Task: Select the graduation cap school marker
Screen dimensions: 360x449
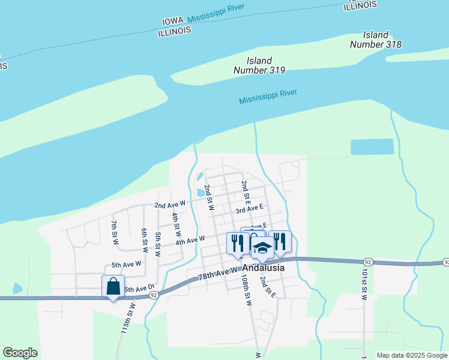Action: (262, 246)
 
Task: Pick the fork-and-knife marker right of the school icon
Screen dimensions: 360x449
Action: (280, 241)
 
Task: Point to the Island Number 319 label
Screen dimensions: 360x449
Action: (259, 65)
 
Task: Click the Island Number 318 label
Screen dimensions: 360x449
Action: (376, 40)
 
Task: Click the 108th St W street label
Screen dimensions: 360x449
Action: (246, 292)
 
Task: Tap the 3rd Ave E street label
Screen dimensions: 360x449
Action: (250, 209)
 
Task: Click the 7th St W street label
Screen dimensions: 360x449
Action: (114, 233)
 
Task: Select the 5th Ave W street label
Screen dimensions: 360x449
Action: (126, 264)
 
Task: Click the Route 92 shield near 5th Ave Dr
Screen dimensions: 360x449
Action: (154, 295)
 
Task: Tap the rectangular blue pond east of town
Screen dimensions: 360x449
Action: (372, 147)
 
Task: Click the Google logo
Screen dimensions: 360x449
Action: (20, 353)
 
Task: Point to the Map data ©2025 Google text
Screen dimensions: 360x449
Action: (412, 355)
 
